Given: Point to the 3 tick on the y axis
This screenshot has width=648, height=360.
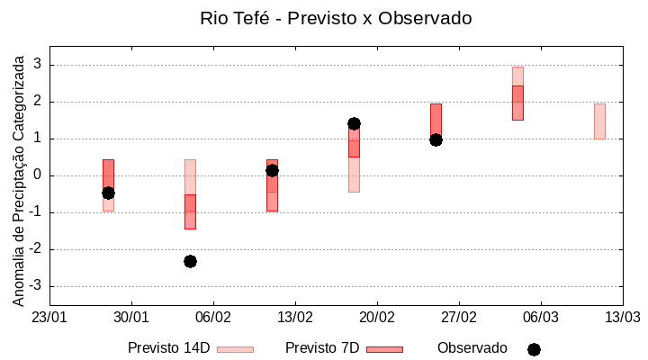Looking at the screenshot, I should [39, 65].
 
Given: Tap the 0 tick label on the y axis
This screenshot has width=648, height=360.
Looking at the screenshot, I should [39, 175].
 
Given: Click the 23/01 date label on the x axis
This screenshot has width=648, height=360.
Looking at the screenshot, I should [49, 318].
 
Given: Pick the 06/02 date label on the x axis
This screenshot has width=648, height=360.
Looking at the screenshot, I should [213, 318].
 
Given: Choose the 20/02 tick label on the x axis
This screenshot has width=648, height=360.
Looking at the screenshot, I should [377, 318].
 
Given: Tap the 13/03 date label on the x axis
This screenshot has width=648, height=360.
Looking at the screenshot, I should [622, 318].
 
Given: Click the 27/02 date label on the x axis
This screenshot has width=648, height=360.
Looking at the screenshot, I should [459, 318].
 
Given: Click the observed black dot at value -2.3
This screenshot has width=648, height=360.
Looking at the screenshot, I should [190, 261].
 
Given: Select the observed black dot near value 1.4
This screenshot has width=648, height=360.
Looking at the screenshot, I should [354, 123].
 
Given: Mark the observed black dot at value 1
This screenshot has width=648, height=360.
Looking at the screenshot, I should [436, 139].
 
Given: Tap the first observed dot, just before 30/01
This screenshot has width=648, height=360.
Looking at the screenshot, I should [108, 193].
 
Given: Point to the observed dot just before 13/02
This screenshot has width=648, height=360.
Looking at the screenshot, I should [272, 170].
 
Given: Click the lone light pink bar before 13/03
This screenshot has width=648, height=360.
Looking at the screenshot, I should [599, 121].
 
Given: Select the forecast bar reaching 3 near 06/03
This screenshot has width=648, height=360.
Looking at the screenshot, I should [517, 94].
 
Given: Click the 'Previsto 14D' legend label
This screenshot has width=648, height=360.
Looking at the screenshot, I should [168, 348].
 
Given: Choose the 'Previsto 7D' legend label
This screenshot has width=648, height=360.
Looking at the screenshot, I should [322, 348].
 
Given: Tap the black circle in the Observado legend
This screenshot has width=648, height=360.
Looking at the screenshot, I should [534, 349].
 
